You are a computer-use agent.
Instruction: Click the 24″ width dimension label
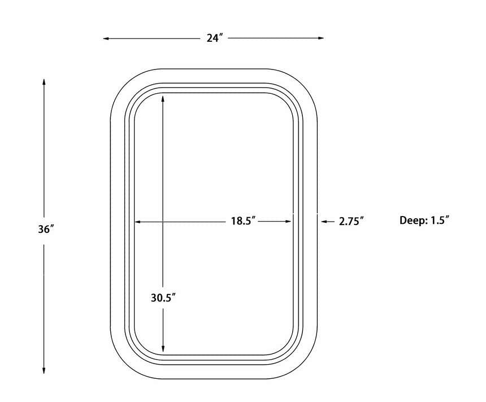[x=215, y=38]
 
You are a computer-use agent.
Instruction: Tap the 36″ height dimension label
[x=46, y=230]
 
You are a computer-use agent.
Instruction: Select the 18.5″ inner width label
[x=243, y=221]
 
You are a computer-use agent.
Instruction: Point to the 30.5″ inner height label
[x=163, y=298]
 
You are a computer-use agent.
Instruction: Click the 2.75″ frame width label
[x=351, y=222]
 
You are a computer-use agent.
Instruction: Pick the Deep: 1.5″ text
[x=424, y=221]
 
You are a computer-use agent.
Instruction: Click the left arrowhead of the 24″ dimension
[x=106, y=38]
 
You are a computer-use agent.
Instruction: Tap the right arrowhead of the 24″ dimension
[x=321, y=38]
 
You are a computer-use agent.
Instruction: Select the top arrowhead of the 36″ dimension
[x=44, y=82]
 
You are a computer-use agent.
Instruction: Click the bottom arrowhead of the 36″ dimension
[x=44, y=370]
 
